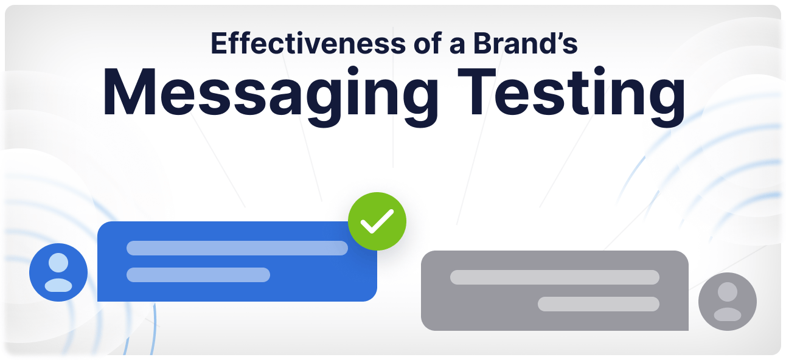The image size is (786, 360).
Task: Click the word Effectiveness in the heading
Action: pyautogui.click(x=308, y=43)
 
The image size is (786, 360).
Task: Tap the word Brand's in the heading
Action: pyautogui.click(x=525, y=43)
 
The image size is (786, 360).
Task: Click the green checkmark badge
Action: pyautogui.click(x=377, y=221)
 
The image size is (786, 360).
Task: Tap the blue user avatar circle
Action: pyautogui.click(x=58, y=272)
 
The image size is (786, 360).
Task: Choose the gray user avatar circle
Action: pyautogui.click(x=728, y=302)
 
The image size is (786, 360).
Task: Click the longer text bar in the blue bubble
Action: pyautogui.click(x=237, y=248)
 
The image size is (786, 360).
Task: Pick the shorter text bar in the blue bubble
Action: pyautogui.click(x=198, y=275)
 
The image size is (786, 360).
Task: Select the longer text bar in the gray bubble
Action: pyautogui.click(x=555, y=277)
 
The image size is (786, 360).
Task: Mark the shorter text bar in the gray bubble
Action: pyautogui.click(x=599, y=304)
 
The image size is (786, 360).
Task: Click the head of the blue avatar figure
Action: pyautogui.click(x=58, y=263)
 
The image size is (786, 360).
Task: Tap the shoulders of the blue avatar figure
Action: pyautogui.click(x=58, y=285)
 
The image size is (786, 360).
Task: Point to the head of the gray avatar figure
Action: pyautogui.click(x=728, y=291)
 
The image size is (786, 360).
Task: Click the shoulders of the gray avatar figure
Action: pyautogui.click(x=728, y=314)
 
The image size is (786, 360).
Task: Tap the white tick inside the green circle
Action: pyautogui.click(x=377, y=222)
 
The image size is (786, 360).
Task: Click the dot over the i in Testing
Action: pyautogui.click(x=599, y=72)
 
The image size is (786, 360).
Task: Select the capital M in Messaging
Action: pyautogui.click(x=129, y=91)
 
